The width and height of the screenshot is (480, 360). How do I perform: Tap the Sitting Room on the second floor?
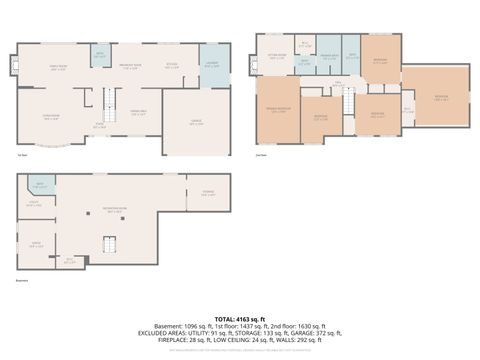(x=277, y=58)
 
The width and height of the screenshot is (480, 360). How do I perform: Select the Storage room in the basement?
(x=208, y=193)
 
